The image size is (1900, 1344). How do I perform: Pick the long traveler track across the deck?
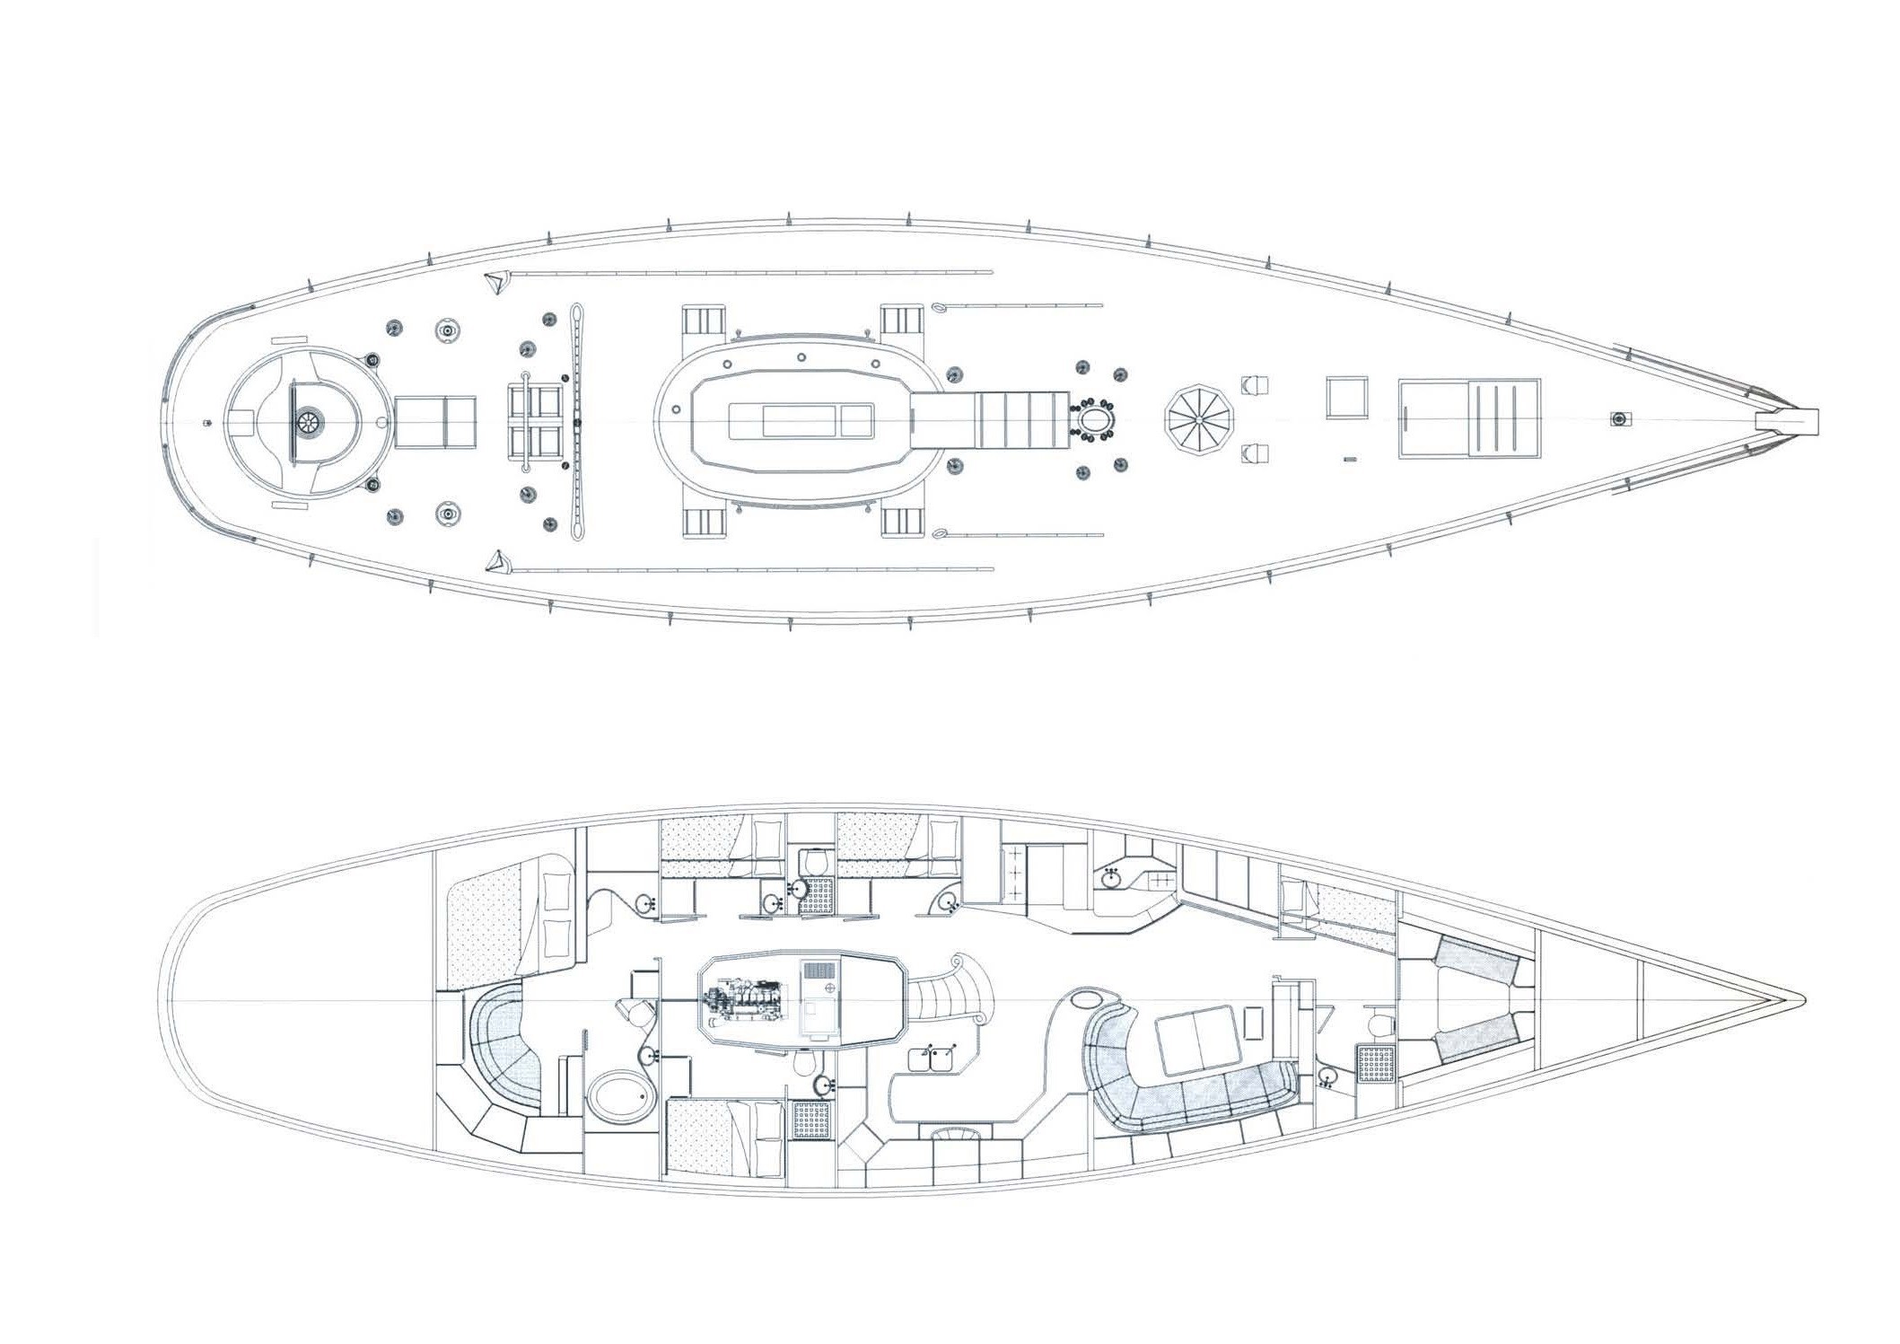(574, 421)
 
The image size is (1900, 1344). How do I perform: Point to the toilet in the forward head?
(1379, 1023)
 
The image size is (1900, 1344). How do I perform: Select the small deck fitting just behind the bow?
(1618, 419)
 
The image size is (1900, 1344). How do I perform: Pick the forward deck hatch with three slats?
(1470, 419)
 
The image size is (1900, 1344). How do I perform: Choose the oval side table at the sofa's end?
(1089, 997)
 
